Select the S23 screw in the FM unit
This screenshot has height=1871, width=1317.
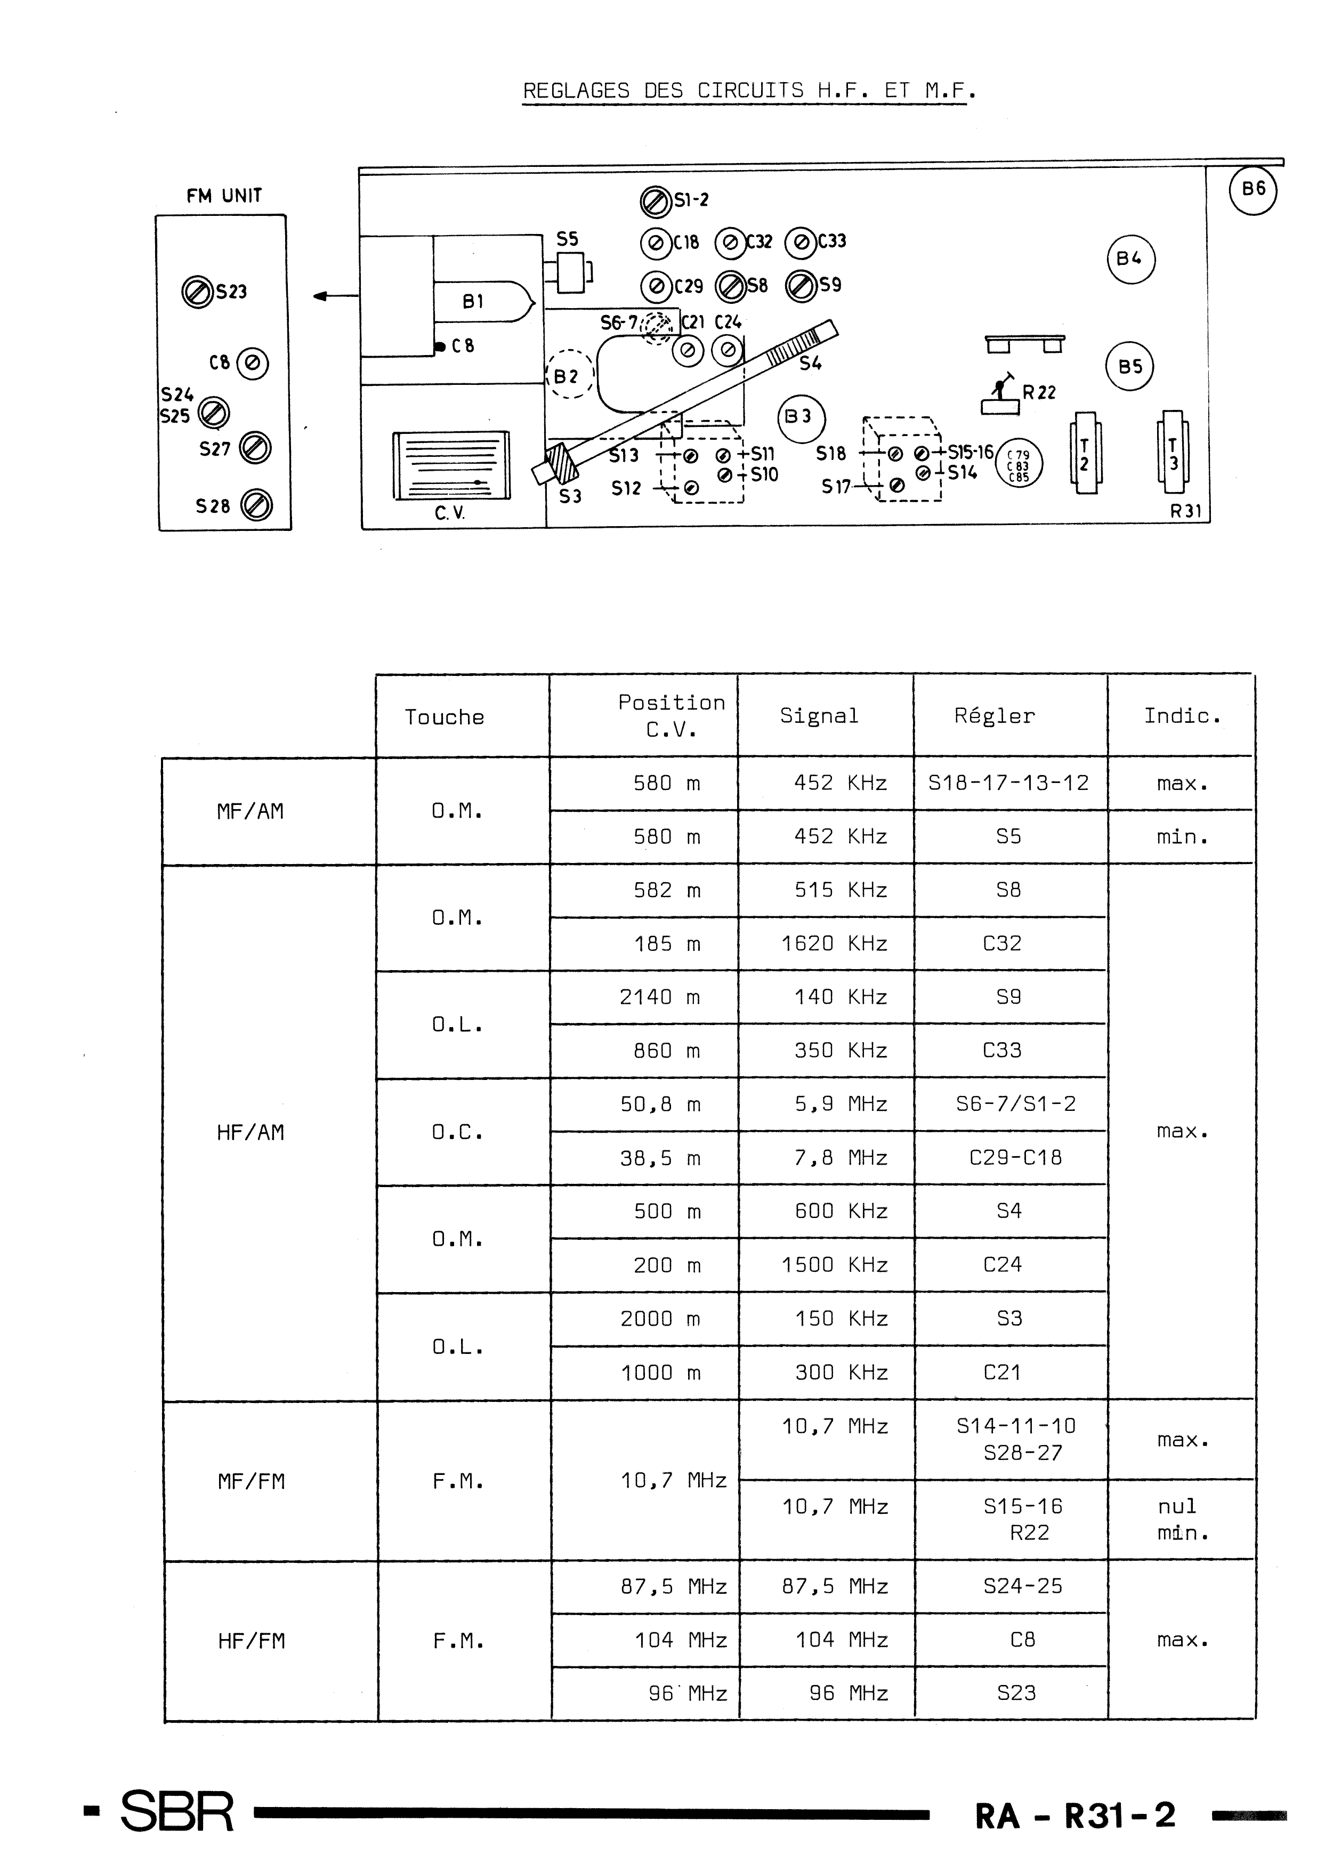click(197, 292)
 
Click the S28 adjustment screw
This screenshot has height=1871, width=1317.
click(257, 505)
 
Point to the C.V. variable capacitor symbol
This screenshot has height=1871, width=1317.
click(451, 465)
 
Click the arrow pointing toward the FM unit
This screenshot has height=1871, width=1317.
click(336, 296)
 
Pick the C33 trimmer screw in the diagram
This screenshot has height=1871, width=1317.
click(801, 242)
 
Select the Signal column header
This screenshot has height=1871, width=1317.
click(819, 715)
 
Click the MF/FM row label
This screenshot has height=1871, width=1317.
click(251, 1481)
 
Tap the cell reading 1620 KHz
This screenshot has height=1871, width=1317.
click(834, 943)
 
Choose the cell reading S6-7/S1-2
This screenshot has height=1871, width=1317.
click(1015, 1103)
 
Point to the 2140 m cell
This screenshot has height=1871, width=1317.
click(659, 997)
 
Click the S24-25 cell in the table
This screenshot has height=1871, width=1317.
click(1023, 1586)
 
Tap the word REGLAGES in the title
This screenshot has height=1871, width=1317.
click(576, 91)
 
